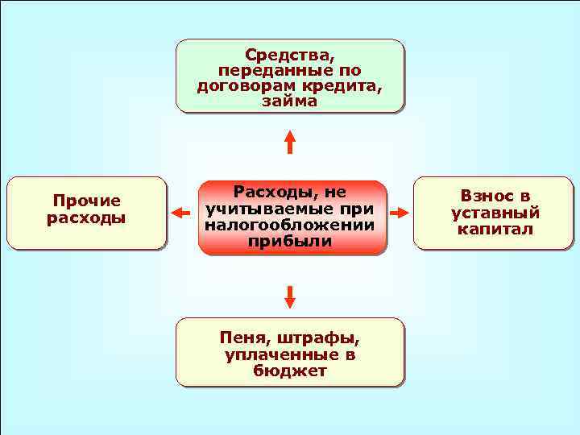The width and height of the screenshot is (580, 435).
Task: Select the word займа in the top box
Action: pyautogui.click(x=289, y=101)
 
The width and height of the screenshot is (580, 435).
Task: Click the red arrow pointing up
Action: pyautogui.click(x=290, y=141)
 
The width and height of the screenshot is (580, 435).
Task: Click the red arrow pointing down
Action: pyautogui.click(x=290, y=296)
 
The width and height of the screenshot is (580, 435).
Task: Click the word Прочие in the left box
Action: pyautogui.click(x=86, y=201)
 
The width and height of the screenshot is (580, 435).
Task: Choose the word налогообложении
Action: pyautogui.click(x=289, y=225)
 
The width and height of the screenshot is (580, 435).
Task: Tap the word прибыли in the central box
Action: pyautogui.click(x=289, y=241)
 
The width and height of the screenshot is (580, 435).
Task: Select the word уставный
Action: pyautogui.click(x=495, y=213)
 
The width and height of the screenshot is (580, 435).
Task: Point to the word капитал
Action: pyautogui.click(x=495, y=230)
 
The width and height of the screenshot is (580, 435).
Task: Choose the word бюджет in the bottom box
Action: pyautogui.click(x=289, y=371)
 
